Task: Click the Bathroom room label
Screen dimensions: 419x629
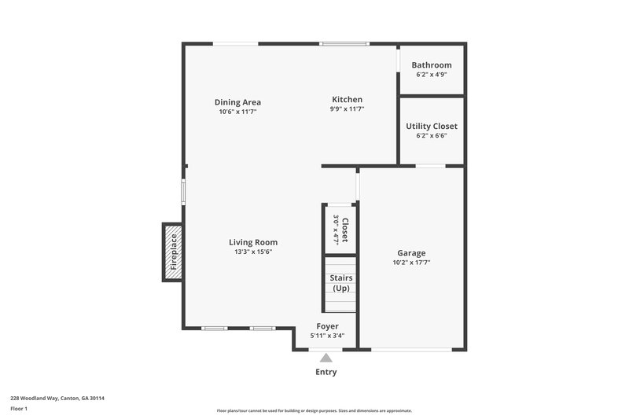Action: pos(432,64)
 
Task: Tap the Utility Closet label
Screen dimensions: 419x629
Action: pos(431,126)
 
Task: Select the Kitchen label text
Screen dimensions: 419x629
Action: pos(347,99)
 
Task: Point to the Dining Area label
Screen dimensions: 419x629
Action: pos(237,102)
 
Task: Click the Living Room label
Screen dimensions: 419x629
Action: pos(253,242)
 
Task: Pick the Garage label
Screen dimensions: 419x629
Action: pos(411,253)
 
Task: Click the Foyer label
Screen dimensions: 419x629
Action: pos(327,325)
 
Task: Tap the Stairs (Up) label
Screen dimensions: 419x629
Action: pos(340,283)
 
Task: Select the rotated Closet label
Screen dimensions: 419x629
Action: pos(344,229)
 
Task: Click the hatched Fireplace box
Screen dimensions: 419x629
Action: pos(173,252)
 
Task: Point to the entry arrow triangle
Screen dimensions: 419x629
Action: pos(326,358)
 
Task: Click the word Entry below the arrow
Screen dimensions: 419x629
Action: pos(326,372)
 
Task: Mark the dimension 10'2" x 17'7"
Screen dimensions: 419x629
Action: pos(411,263)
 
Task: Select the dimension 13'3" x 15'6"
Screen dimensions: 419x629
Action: pos(253,252)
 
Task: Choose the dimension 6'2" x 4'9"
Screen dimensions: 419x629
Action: pos(432,75)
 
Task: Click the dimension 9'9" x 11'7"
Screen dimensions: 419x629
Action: pos(347,109)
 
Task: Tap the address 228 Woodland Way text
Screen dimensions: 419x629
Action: pos(57,398)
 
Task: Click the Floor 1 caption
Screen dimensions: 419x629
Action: pos(19,409)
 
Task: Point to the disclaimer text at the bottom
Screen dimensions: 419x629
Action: pos(314,410)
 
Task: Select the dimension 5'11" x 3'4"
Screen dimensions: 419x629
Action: pos(327,336)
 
